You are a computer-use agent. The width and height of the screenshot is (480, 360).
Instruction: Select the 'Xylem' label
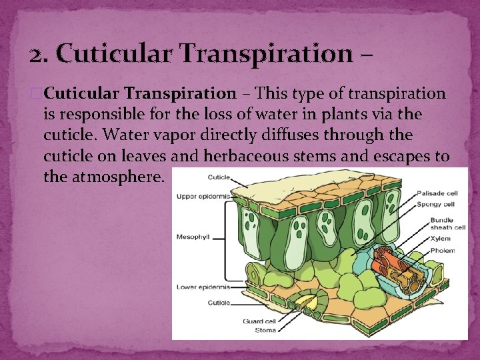[x=441, y=238]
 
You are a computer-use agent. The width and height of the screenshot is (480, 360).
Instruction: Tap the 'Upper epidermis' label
[x=202, y=197]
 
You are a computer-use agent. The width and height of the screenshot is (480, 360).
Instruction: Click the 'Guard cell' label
[x=259, y=321]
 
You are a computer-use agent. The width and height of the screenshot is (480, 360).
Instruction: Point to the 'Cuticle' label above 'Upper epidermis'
[x=219, y=177]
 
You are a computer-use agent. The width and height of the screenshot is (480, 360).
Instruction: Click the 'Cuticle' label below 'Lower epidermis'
[x=218, y=303]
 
